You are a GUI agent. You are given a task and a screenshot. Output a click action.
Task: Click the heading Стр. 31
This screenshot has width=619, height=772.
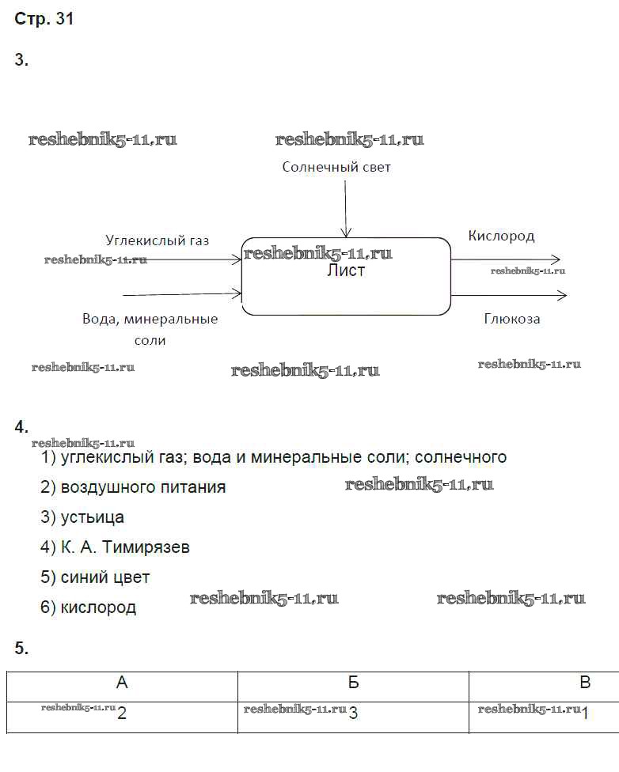pyautogui.click(x=44, y=20)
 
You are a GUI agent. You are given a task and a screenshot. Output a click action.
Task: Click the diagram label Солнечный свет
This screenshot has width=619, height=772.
pyautogui.click(x=336, y=167)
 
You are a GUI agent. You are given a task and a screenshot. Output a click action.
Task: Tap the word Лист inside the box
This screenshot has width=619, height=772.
pyautogui.click(x=346, y=271)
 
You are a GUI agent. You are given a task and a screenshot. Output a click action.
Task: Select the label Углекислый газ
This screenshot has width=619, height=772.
pyautogui.click(x=158, y=240)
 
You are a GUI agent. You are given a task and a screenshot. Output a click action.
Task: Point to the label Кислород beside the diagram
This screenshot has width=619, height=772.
pyautogui.click(x=501, y=236)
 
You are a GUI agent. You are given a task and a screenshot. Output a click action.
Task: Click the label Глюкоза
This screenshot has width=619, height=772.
pyautogui.click(x=512, y=319)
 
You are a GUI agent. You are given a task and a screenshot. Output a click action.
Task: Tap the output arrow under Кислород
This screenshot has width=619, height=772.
pyautogui.click(x=507, y=259)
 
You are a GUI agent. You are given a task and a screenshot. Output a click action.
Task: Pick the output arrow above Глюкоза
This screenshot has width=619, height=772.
pyautogui.click(x=511, y=295)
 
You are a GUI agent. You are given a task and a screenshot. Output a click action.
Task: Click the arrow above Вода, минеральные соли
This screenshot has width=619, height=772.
pyautogui.click(x=182, y=294)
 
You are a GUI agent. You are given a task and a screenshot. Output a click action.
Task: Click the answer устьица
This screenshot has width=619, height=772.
pyautogui.click(x=92, y=517)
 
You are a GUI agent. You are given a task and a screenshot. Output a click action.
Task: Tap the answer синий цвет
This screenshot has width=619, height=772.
pyautogui.click(x=104, y=577)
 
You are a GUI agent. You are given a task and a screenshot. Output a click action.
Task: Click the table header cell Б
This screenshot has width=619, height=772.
pyautogui.click(x=353, y=683)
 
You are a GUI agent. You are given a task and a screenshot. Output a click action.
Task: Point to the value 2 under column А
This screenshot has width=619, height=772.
pyautogui.click(x=121, y=713)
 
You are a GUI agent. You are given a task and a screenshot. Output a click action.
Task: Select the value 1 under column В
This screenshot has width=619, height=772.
pyautogui.click(x=585, y=713)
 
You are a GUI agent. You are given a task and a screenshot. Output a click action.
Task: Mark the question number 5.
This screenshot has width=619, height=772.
pyautogui.click(x=21, y=649)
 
